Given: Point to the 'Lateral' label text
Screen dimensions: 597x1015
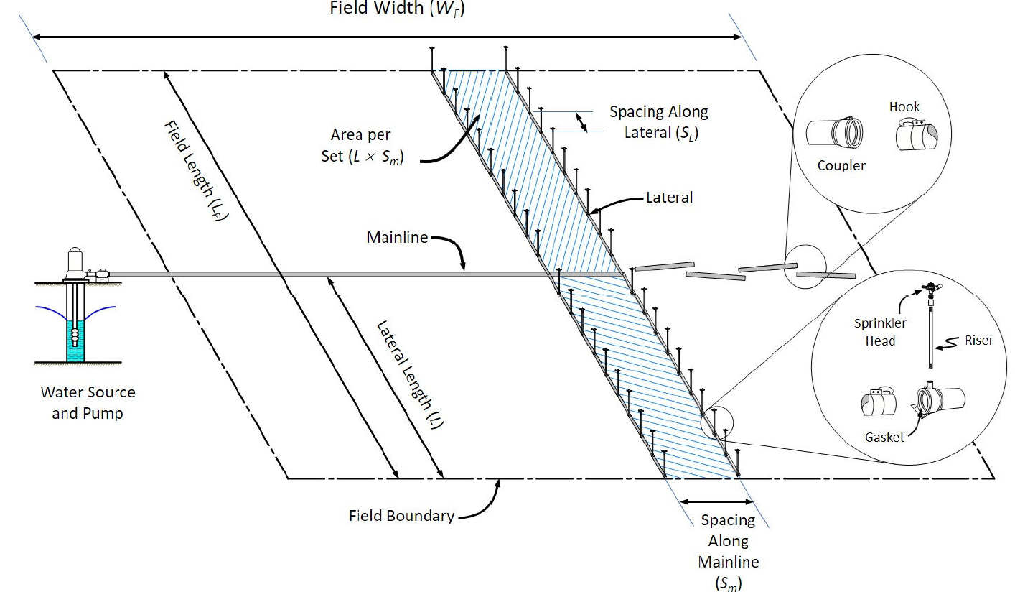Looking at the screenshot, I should click(x=669, y=197).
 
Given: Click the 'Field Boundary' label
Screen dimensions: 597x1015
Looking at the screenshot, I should click(x=401, y=515).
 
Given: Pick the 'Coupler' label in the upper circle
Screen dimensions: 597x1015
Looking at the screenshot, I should click(x=841, y=165).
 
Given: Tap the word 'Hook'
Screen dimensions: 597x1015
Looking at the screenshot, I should click(x=904, y=107).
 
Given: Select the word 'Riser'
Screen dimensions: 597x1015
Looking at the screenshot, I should click(x=979, y=340).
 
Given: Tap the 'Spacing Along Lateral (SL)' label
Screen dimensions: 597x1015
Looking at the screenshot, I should click(x=658, y=122).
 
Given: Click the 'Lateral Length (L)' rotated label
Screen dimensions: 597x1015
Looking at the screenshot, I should click(x=410, y=374).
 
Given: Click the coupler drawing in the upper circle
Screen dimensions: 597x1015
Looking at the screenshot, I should click(x=834, y=133).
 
